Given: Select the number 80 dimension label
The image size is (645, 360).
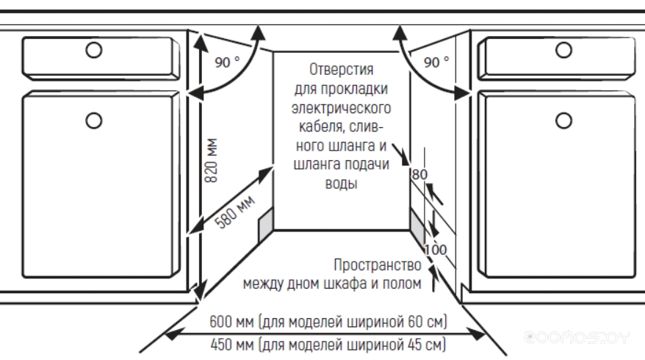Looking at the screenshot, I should tap(419, 175).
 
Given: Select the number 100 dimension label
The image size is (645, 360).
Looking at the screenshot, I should tap(436, 249).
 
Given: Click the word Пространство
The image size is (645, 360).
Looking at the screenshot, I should tap(376, 264).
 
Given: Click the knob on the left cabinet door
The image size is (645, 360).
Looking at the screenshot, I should tap(93, 119).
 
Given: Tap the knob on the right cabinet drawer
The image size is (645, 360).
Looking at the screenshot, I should tap(564, 49).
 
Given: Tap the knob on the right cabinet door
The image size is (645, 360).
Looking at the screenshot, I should tap(564, 119).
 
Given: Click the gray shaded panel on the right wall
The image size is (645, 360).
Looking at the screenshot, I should tap(417, 226).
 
